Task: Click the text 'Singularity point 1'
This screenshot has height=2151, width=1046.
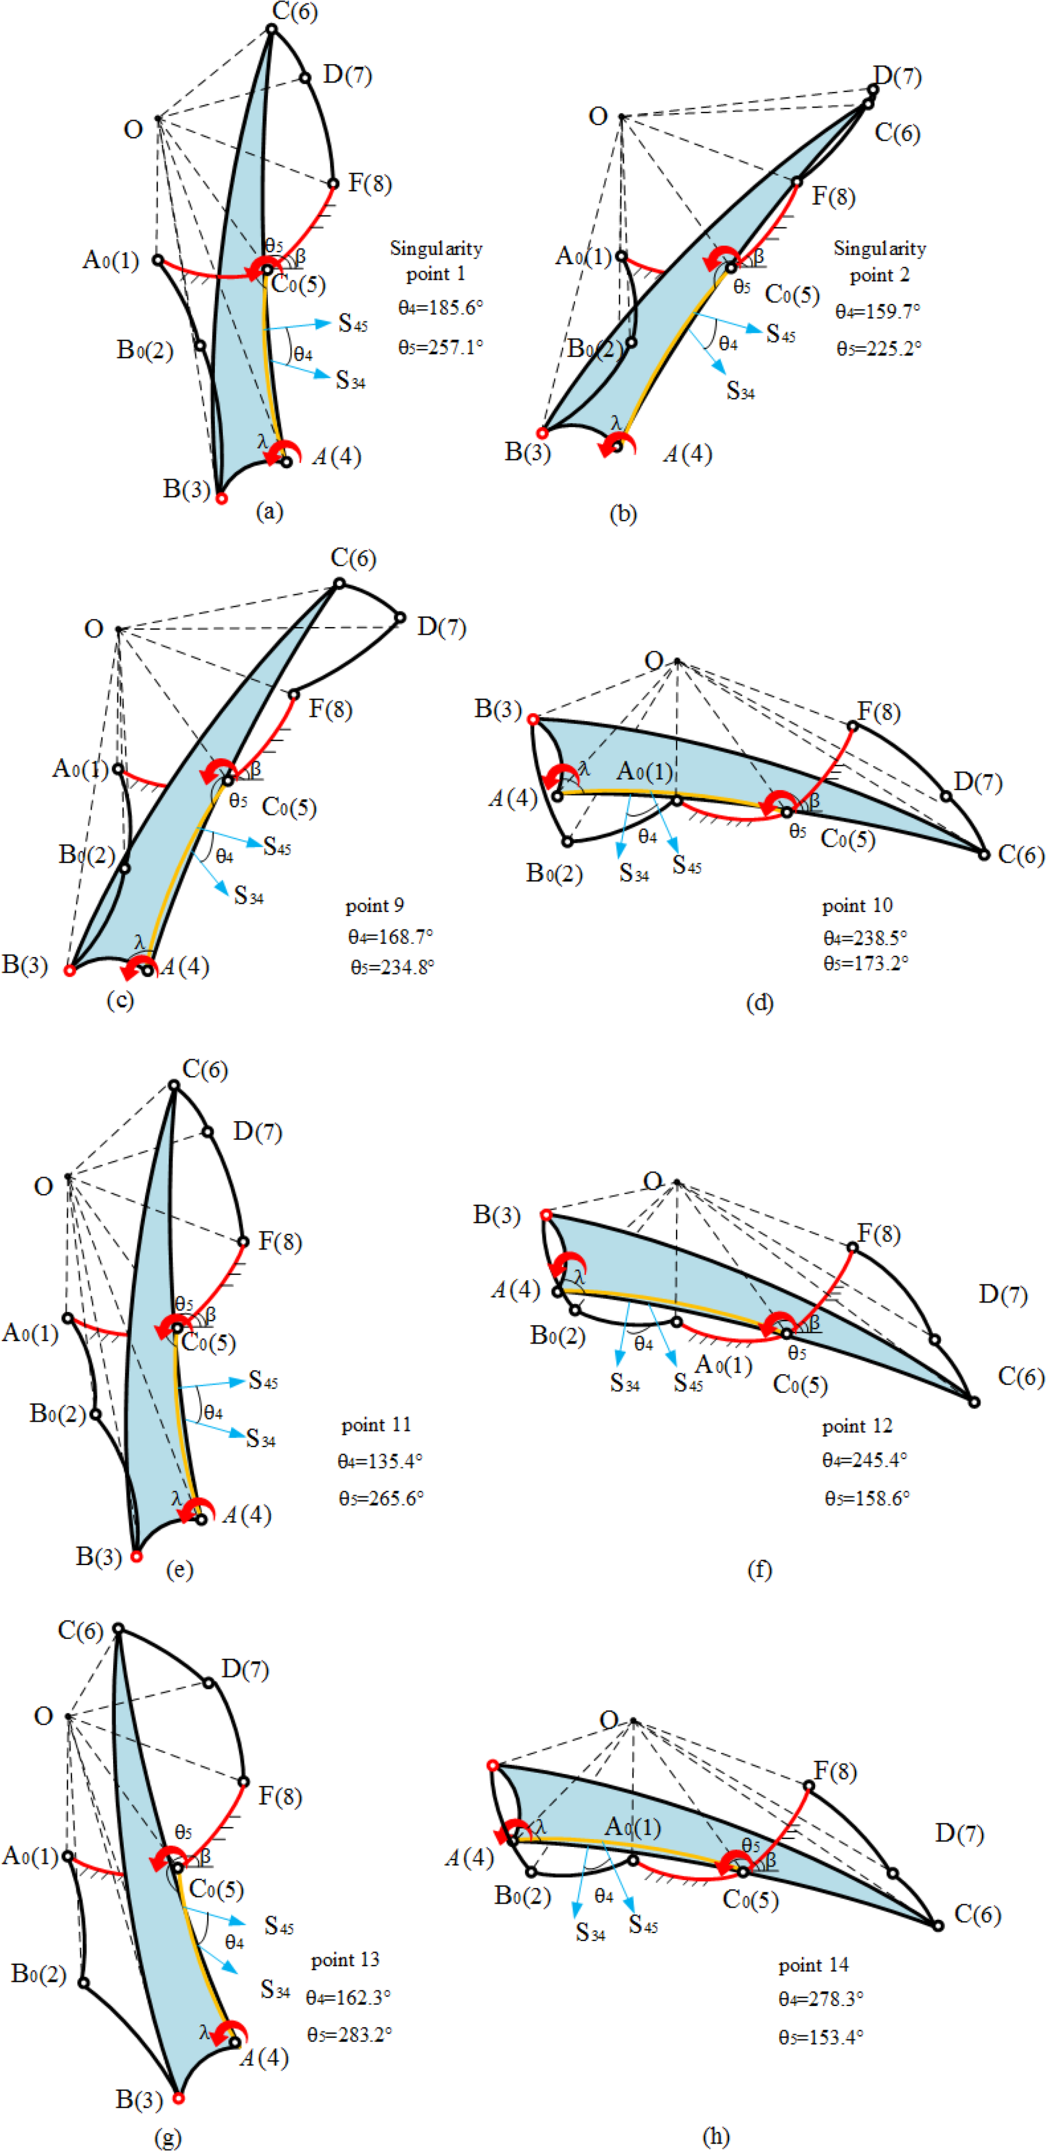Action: click(x=436, y=261)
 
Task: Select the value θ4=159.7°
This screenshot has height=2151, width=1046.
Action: click(x=877, y=311)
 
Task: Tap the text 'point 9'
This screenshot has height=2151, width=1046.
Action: click(x=375, y=905)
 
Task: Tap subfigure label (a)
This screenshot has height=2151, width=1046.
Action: click(x=269, y=511)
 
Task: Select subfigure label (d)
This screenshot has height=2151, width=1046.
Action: click(x=759, y=1002)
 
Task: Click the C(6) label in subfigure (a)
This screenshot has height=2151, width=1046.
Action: click(x=295, y=12)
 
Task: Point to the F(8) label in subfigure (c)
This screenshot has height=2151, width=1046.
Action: click(x=330, y=709)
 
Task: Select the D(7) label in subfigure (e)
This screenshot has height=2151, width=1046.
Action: click(x=257, y=1131)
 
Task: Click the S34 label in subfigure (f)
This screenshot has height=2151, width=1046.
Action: click(x=624, y=1383)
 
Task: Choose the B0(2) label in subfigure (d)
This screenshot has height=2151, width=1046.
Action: click(x=554, y=873)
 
